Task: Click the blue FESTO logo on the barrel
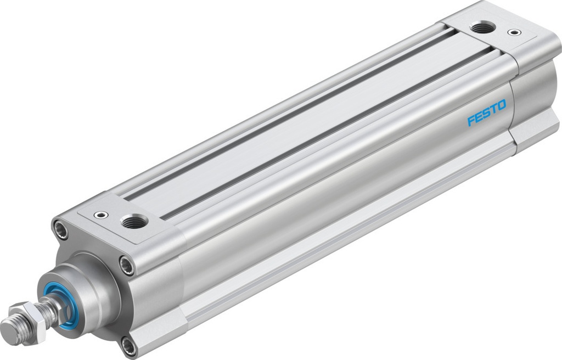tap(486, 113)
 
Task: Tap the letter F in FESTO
tap(471, 121)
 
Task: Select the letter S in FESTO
tap(486, 113)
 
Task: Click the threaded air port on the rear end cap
tap(482, 26)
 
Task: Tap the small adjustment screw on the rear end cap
tap(514, 32)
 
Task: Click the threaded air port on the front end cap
tap(133, 222)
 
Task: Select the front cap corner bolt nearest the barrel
tap(127, 265)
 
